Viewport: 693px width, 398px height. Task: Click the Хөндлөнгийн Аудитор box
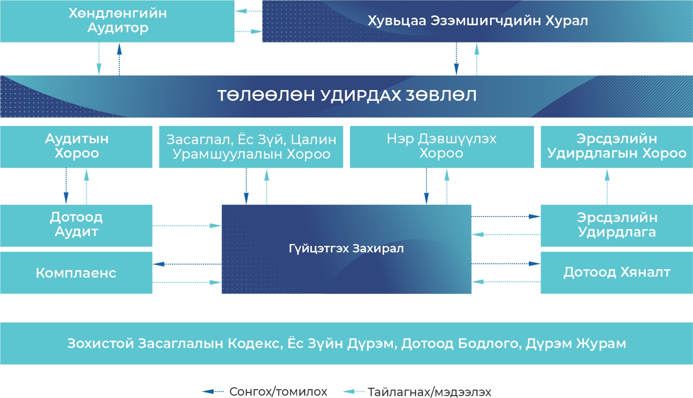117,21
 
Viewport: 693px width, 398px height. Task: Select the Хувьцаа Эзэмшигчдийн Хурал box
477,21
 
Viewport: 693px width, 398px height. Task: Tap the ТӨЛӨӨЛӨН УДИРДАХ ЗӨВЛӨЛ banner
346,96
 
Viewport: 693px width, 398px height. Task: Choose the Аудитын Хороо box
76,147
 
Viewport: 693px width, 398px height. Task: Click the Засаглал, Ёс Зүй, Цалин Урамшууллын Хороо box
251,147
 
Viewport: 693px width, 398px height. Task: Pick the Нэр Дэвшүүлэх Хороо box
441,147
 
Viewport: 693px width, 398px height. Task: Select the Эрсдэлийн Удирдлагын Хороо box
617,147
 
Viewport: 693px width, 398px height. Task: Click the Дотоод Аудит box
76,225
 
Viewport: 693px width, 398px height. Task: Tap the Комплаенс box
76,273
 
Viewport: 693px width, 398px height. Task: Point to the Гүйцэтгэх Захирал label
346,249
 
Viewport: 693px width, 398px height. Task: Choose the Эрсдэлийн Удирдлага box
617,225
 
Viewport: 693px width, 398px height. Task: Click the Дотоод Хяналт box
617,272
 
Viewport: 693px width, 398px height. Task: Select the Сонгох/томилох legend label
278,391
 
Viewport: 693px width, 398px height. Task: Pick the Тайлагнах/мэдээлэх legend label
429,391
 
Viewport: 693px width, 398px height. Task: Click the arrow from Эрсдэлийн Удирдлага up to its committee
607,186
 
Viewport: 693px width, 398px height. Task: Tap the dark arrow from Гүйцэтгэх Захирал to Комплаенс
187,264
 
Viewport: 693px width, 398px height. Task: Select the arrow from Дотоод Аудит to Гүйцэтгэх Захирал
187,226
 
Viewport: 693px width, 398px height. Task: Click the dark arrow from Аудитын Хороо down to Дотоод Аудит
66,186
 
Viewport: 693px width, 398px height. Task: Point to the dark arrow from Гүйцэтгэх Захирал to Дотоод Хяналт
506,264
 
